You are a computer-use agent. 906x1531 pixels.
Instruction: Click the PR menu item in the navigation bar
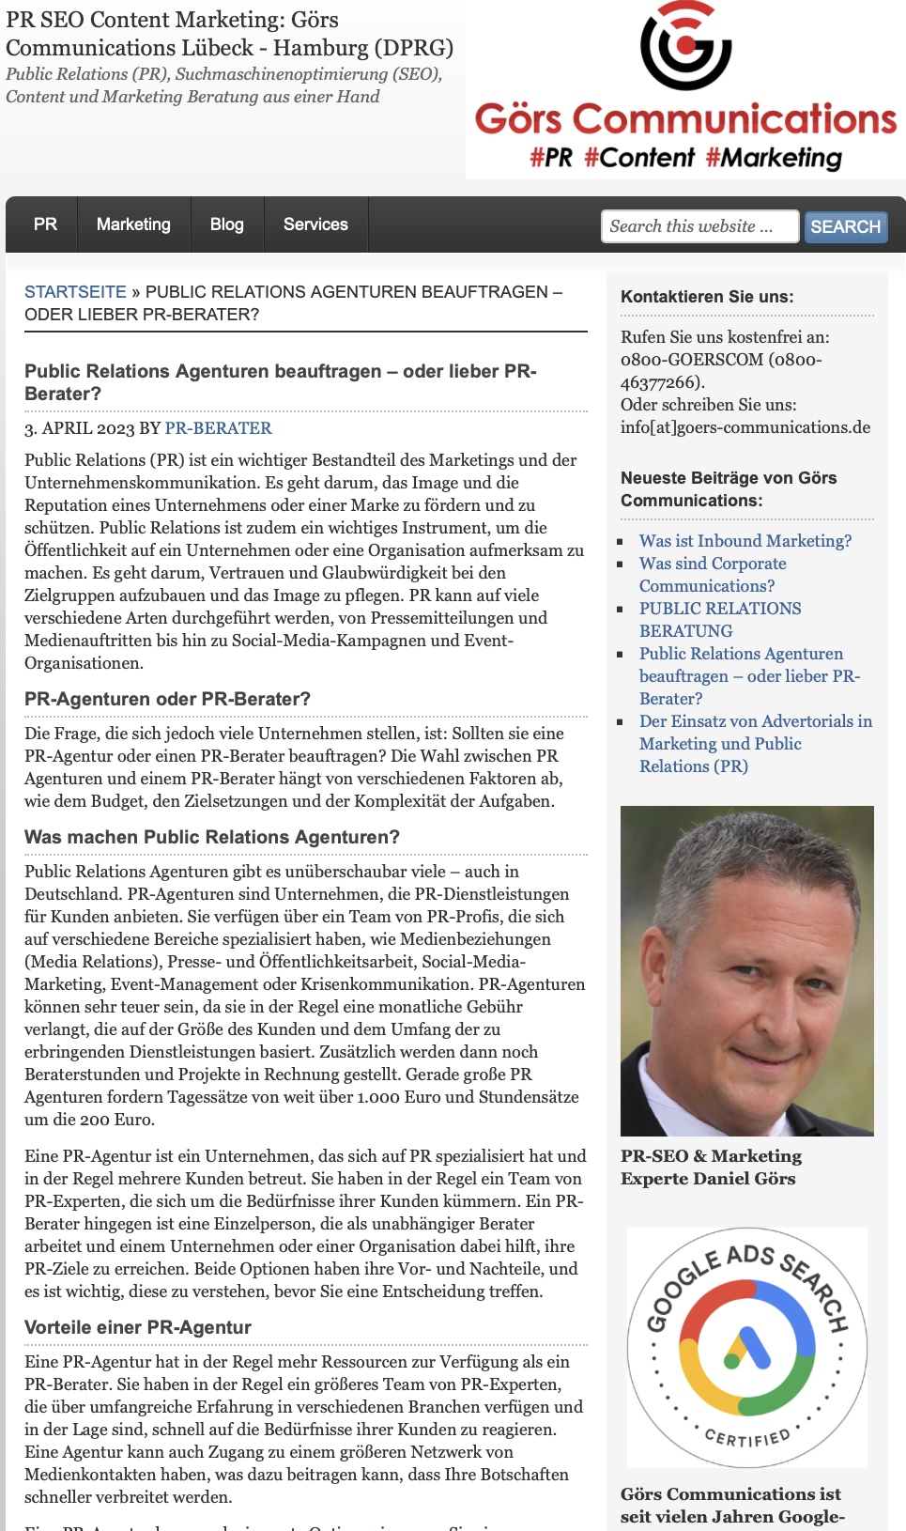click(45, 224)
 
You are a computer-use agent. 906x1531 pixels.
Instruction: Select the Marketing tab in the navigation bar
click(133, 224)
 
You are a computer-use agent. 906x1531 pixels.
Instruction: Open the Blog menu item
click(227, 224)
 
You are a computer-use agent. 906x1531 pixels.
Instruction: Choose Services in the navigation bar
click(315, 224)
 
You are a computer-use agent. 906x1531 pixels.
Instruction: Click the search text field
click(699, 226)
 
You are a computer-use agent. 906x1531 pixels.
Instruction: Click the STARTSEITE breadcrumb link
click(75, 292)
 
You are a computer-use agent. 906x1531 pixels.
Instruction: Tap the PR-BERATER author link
click(218, 428)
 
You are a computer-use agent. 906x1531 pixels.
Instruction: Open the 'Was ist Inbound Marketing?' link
click(745, 541)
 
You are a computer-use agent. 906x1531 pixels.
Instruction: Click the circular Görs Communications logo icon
click(686, 47)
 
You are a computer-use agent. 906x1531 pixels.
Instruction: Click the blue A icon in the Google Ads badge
click(748, 1349)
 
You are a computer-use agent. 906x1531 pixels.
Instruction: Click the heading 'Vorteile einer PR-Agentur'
click(138, 1327)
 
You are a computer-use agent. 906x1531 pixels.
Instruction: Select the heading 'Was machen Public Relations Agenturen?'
click(212, 837)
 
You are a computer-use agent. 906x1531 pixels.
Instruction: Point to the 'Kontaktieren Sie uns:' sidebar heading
click(707, 297)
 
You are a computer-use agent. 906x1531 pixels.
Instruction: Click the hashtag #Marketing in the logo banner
click(774, 158)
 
